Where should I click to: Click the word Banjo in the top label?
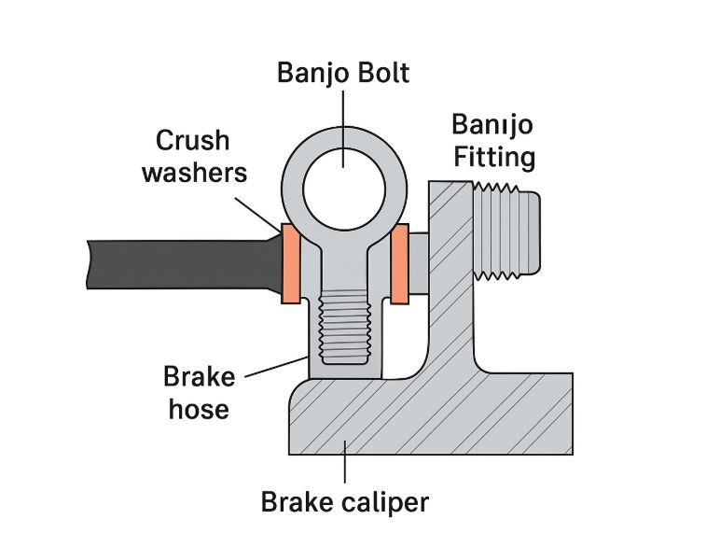(x=312, y=73)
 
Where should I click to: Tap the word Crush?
(x=191, y=140)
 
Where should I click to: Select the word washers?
(x=194, y=172)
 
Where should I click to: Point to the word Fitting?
(x=495, y=156)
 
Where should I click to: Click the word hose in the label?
(x=199, y=408)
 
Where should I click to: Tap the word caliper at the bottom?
(x=383, y=502)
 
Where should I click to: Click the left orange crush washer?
(x=288, y=264)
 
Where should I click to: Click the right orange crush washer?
(x=401, y=264)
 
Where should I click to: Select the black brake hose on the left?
(x=177, y=263)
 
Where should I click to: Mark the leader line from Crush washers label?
(x=256, y=210)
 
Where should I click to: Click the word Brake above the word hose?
(x=199, y=377)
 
